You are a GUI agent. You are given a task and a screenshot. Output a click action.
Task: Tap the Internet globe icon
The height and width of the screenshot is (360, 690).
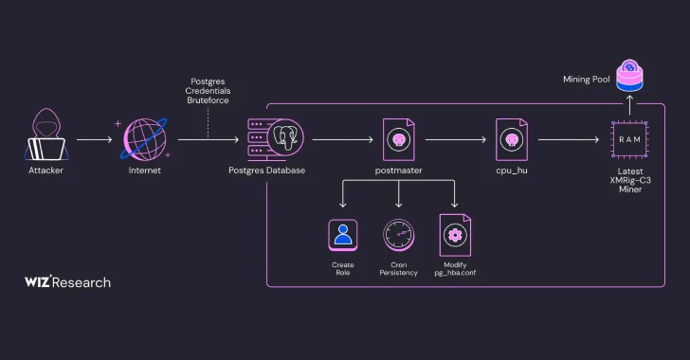click(x=144, y=139)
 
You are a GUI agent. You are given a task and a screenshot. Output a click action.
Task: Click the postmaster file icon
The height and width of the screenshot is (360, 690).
click(x=398, y=139)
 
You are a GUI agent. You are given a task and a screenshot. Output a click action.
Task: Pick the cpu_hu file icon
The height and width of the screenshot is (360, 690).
click(x=512, y=139)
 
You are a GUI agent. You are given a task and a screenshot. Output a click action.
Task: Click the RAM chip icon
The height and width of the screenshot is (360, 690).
click(x=629, y=139)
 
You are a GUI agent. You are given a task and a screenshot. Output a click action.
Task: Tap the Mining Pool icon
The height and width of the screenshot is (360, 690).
click(x=629, y=73)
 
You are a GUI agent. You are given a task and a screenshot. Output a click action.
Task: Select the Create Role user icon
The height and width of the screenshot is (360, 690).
click(x=342, y=234)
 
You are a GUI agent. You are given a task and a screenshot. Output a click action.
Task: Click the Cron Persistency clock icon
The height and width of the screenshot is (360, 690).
click(x=398, y=234)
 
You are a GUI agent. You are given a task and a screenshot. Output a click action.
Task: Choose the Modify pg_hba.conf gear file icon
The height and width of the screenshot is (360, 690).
click(x=455, y=234)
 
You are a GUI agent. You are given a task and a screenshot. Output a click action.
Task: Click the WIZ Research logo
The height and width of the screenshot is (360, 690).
click(x=67, y=281)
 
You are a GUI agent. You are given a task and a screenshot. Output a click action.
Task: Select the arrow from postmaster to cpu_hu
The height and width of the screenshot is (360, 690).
click(x=455, y=140)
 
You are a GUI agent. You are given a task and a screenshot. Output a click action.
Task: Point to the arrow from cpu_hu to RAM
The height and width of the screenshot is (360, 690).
click(x=569, y=140)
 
